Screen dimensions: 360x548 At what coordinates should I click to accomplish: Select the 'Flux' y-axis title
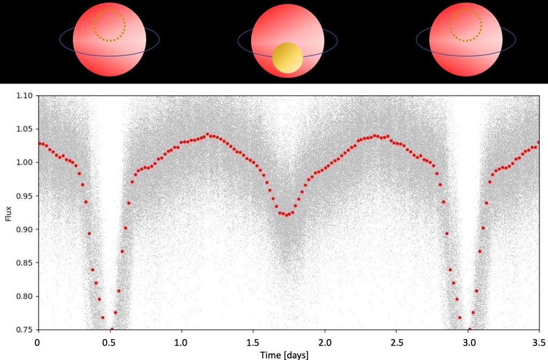pyautogui.click(x=9, y=212)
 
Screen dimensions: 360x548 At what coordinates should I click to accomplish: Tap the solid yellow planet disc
pyautogui.click(x=288, y=58)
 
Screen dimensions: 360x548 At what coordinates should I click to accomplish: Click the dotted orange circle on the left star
pyautogui.click(x=109, y=25)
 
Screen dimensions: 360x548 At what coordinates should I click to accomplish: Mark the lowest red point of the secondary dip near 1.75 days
pyautogui.click(x=287, y=215)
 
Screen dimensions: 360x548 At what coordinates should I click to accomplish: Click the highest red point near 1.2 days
pyautogui.click(x=207, y=134)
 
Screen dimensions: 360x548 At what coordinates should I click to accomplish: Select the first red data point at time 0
pyautogui.click(x=38, y=143)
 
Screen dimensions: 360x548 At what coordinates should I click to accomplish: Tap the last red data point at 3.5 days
pyautogui.click(x=539, y=142)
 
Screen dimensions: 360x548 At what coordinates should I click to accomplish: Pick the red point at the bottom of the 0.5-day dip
pyautogui.click(x=112, y=329)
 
